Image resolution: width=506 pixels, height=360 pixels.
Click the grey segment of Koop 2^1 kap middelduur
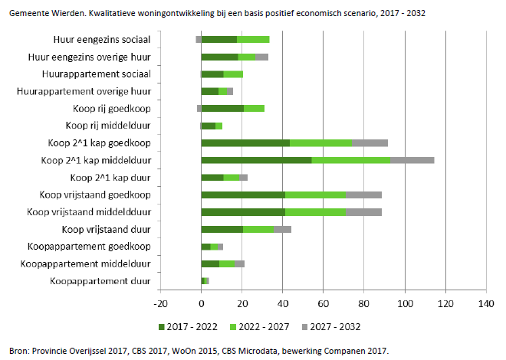[x=412, y=160]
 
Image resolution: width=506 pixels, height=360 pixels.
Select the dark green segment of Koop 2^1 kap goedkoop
[x=245, y=142]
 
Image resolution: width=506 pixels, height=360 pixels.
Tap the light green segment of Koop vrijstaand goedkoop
[x=315, y=195]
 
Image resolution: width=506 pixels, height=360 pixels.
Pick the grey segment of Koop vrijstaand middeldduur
[x=363, y=212]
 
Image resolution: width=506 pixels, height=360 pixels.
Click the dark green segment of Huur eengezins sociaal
[x=219, y=39]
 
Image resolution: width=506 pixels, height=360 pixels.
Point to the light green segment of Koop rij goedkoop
[x=254, y=108]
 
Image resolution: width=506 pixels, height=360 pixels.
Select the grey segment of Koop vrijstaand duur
[x=282, y=229]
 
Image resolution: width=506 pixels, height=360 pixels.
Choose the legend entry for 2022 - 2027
[x=261, y=327]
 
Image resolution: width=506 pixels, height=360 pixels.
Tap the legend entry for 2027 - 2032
[x=335, y=327]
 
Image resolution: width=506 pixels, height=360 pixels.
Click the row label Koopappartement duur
[x=100, y=281]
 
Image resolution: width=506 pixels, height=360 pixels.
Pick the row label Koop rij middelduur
[x=107, y=126]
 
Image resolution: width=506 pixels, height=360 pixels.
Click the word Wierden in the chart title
[x=62, y=14]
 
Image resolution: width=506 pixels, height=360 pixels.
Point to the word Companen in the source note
[x=343, y=351]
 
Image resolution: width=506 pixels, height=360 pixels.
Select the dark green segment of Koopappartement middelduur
[x=210, y=263]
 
